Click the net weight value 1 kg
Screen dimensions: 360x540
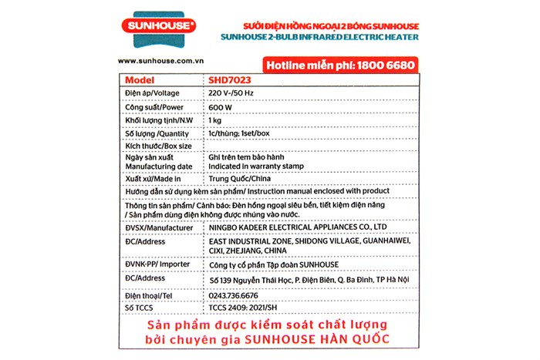(217, 121)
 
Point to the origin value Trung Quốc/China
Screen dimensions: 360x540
(241, 179)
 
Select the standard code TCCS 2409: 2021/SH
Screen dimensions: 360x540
(244, 308)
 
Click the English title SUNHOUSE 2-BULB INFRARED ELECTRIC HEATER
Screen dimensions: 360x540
(319, 36)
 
